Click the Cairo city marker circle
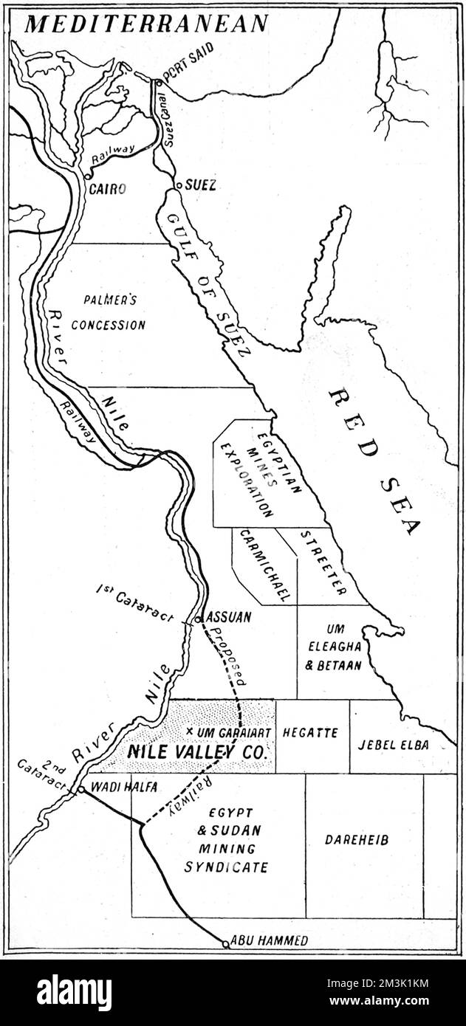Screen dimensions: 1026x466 (86, 177)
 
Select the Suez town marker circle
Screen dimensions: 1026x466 (178, 186)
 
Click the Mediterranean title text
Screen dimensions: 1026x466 (147, 24)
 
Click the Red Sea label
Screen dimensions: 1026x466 (374, 461)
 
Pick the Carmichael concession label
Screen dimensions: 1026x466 (263, 565)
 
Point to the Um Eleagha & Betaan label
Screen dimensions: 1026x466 (334, 649)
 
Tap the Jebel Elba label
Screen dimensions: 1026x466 (403, 743)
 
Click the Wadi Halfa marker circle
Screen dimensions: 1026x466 (80, 789)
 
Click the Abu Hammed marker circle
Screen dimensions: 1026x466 (226, 943)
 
